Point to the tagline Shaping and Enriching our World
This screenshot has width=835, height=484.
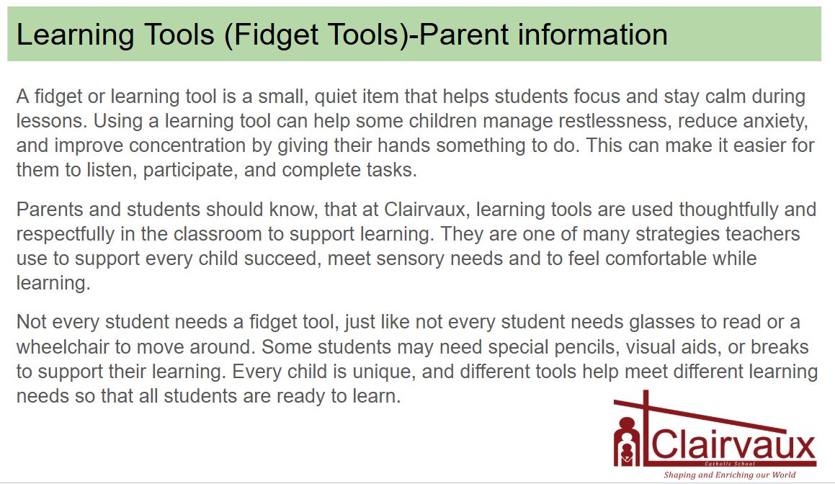[x=730, y=475]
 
